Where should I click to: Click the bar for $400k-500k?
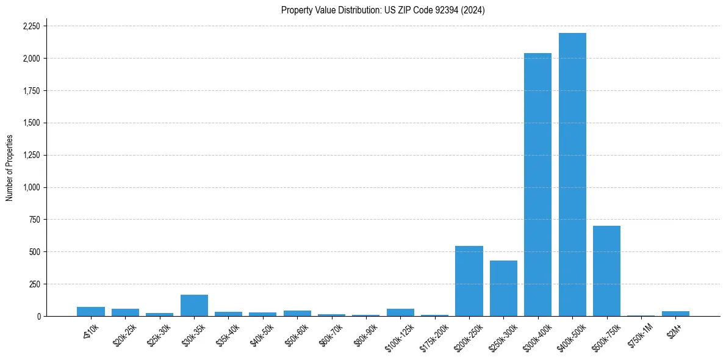tap(572, 175)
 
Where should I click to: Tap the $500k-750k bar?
tap(606, 271)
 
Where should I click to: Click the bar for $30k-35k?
tap(194, 305)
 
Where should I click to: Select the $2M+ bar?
tap(675, 314)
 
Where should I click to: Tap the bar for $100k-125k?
tap(400, 312)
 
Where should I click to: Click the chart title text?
tap(383, 10)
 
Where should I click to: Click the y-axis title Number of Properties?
tap(10, 168)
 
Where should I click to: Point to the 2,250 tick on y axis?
tap(31, 26)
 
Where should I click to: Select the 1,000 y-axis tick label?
tap(31, 187)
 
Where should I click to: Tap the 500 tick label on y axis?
tap(34, 252)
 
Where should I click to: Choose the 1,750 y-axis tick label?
tap(31, 91)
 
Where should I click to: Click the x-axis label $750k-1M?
tap(639, 334)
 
